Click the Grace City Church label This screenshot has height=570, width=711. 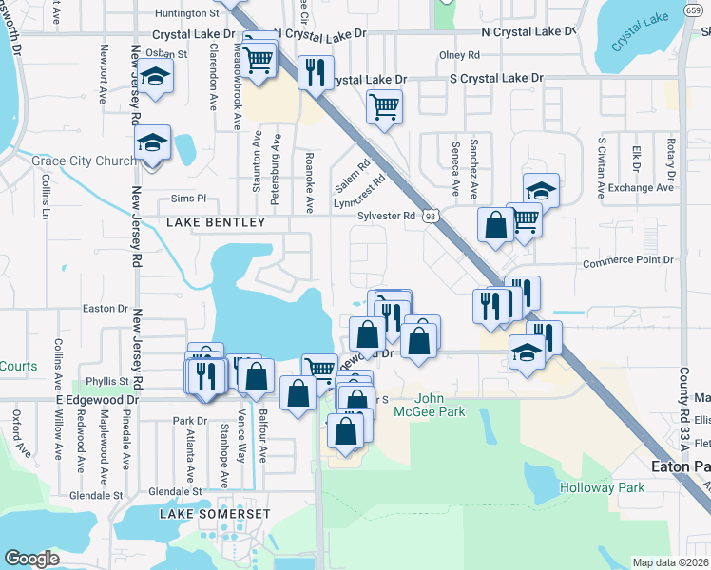pos(84,161)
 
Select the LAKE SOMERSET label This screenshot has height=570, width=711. pos(215,514)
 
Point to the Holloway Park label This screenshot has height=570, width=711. pos(602,487)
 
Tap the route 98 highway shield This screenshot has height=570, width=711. pos(432,218)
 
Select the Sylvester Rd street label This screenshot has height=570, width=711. pos(386,216)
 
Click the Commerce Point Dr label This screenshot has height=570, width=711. pos(627,260)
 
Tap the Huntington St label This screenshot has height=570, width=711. pos(187,13)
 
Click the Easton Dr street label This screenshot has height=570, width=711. pos(105,308)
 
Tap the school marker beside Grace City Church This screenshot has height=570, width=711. pos(152,144)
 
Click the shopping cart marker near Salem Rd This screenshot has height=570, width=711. pos(384,106)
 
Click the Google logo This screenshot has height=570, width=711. pos(32,559)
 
